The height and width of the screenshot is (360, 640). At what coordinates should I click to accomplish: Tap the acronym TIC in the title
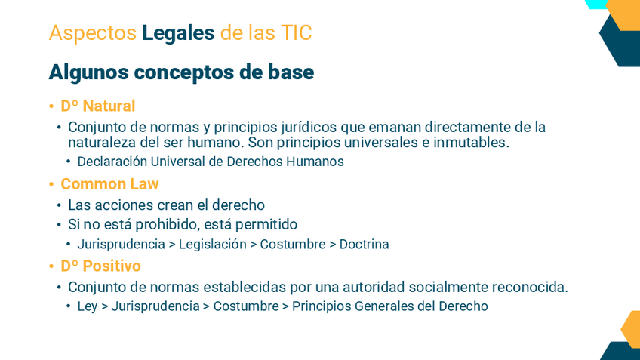(296, 32)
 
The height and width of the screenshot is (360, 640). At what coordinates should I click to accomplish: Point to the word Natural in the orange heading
(109, 106)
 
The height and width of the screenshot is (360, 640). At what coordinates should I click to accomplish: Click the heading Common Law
(109, 184)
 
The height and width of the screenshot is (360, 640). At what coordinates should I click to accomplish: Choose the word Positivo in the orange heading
(112, 266)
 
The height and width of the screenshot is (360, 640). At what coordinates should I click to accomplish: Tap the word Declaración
(112, 162)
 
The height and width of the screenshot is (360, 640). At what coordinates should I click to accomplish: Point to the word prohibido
(168, 224)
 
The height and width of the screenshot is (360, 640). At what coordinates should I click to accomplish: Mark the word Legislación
(213, 244)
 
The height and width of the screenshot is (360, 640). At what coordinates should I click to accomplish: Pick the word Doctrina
(364, 244)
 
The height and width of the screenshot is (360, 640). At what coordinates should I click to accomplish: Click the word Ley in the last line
(88, 306)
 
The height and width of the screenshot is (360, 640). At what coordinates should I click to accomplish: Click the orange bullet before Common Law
(51, 184)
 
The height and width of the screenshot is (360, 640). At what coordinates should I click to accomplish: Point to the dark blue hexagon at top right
(620, 42)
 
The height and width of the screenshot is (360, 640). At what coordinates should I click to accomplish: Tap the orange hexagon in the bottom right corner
(631, 329)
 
